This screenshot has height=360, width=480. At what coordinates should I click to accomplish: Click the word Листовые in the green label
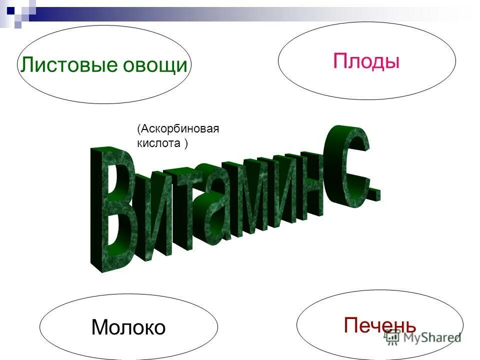tap(63, 65)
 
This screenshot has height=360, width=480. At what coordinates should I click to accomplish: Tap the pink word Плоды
tap(366, 61)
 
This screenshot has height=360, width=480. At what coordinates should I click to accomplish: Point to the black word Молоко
tap(128, 328)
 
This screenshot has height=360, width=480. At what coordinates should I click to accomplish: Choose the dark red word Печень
tap(380, 325)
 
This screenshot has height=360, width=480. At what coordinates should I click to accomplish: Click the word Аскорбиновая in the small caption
tap(180, 129)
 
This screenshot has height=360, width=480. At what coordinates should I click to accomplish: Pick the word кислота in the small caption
tap(158, 143)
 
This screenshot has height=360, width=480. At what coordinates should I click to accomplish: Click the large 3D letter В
tap(112, 210)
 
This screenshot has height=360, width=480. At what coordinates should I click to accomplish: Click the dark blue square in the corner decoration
tap(10, 8)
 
